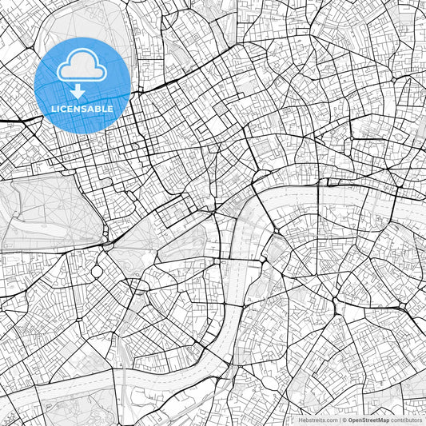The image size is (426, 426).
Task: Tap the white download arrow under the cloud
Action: (x=78, y=91)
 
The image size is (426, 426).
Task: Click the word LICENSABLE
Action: (x=82, y=109)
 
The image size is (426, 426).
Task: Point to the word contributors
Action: (x=408, y=420)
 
